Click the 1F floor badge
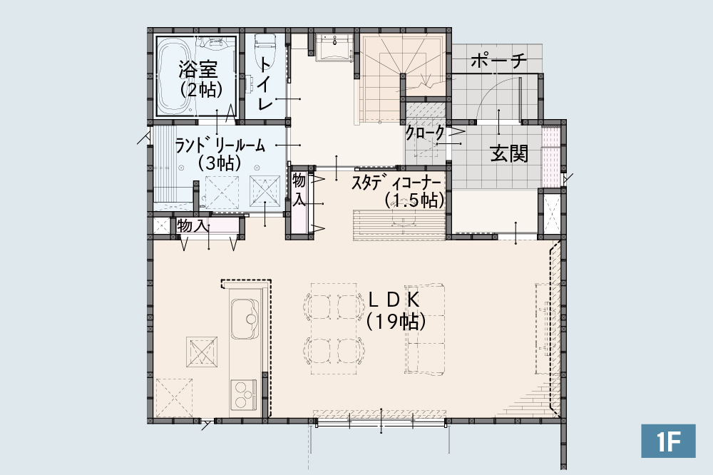pos(668,441)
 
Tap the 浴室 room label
pos(198,69)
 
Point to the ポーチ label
pos(499,61)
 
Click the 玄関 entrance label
pos(509,154)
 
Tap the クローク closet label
pos(425,133)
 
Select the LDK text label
pos(394,300)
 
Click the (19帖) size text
pos(396,322)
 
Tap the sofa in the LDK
pos(425,330)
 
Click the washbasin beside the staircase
pos(333,47)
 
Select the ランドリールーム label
pos(220,146)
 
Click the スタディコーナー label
pos(396,183)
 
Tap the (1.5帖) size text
pos(414,200)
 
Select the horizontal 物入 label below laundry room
pos(193,225)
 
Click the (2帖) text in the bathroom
pos(201,90)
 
